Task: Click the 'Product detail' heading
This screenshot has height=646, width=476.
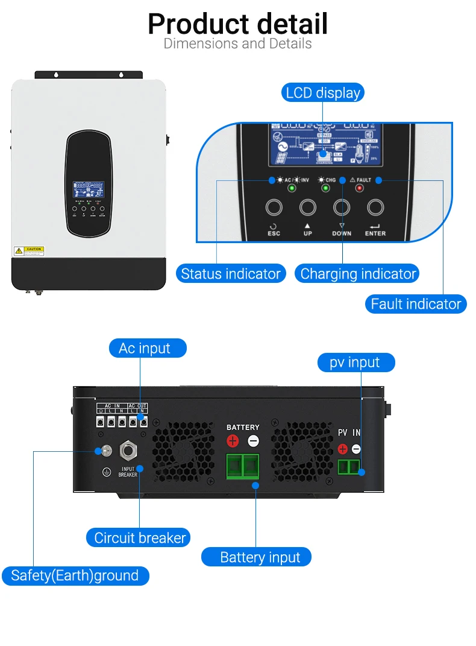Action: [x=238, y=24]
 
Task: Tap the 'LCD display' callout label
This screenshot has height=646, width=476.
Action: [x=323, y=93]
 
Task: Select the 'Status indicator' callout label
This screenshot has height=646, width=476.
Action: [x=231, y=274]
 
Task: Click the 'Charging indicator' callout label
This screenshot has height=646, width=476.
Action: [x=358, y=274]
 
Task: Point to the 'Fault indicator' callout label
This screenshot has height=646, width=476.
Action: [x=416, y=304]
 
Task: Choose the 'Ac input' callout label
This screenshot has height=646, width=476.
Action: [x=145, y=348]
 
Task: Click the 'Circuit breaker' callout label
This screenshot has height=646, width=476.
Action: [x=140, y=537]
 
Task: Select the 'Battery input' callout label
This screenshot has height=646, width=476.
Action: [x=260, y=557]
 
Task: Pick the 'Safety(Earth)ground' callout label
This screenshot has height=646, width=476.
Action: [x=75, y=575]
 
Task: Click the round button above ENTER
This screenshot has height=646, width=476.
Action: [x=375, y=207]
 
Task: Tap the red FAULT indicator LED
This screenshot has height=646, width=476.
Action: [x=360, y=188]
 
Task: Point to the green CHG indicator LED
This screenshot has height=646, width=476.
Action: [x=325, y=188]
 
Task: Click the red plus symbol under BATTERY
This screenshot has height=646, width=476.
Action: [x=233, y=441]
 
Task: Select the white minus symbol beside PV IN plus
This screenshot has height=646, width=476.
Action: [x=356, y=449]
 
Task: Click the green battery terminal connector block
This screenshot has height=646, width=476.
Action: [x=243, y=466]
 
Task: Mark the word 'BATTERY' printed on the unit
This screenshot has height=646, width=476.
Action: [x=243, y=428]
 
